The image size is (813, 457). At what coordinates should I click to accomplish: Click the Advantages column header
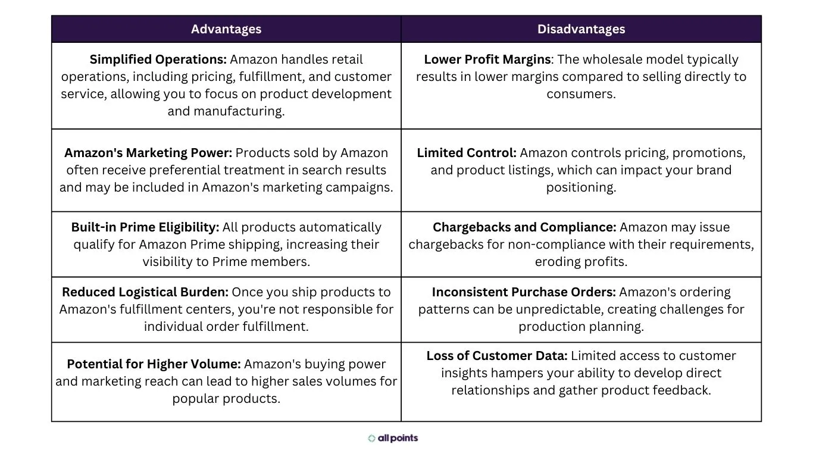pyautogui.click(x=226, y=29)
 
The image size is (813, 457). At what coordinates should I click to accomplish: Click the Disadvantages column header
pyautogui.click(x=581, y=29)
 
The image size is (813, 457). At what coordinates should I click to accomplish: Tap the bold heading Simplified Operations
pyautogui.click(x=158, y=60)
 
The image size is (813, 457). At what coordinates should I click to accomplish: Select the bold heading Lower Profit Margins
pyautogui.click(x=487, y=60)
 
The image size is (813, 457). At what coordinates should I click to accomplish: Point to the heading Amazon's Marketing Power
pyautogui.click(x=148, y=153)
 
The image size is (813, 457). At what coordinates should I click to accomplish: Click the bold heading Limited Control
pyautogui.click(x=466, y=153)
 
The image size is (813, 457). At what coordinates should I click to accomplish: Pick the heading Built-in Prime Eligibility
pyautogui.click(x=145, y=227)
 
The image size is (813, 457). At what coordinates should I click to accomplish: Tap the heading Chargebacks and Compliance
pyautogui.click(x=524, y=227)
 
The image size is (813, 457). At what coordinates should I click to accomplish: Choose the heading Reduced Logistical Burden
pyautogui.click(x=145, y=292)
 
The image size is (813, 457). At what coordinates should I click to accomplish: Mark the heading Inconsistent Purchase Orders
pyautogui.click(x=523, y=292)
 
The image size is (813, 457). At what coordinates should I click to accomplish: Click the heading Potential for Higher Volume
pyautogui.click(x=153, y=364)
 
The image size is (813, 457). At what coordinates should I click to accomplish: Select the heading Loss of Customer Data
pyautogui.click(x=496, y=356)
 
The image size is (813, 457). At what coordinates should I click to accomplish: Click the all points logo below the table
pyautogui.click(x=393, y=439)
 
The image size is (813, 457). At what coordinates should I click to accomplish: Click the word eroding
pyautogui.click(x=557, y=262)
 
